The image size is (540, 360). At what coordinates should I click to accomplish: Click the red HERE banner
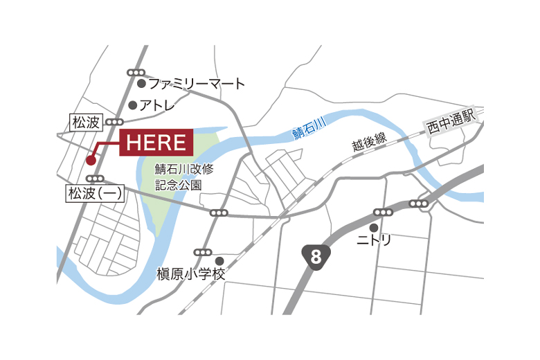(157, 143)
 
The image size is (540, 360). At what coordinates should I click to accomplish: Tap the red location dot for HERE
(91, 160)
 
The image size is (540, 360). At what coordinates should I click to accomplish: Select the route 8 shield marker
(316, 257)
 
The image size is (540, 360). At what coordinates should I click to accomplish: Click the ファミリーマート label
(197, 84)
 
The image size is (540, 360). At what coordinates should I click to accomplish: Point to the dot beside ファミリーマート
(141, 84)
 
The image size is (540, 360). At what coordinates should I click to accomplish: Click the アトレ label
(157, 106)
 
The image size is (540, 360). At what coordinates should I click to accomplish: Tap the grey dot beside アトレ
(133, 106)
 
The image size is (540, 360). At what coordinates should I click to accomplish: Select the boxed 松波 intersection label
(87, 123)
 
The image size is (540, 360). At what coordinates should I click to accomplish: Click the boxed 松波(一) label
(95, 194)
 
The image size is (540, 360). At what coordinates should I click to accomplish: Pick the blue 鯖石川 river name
(308, 127)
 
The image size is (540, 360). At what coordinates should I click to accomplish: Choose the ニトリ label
(374, 240)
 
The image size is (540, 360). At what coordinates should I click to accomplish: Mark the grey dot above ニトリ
(374, 227)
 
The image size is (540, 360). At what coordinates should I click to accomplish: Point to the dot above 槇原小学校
(219, 260)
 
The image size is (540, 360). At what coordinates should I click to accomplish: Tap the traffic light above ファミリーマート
(136, 72)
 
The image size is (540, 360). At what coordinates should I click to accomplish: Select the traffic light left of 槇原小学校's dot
(203, 252)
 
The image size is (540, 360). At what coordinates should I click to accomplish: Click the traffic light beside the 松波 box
(114, 123)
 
